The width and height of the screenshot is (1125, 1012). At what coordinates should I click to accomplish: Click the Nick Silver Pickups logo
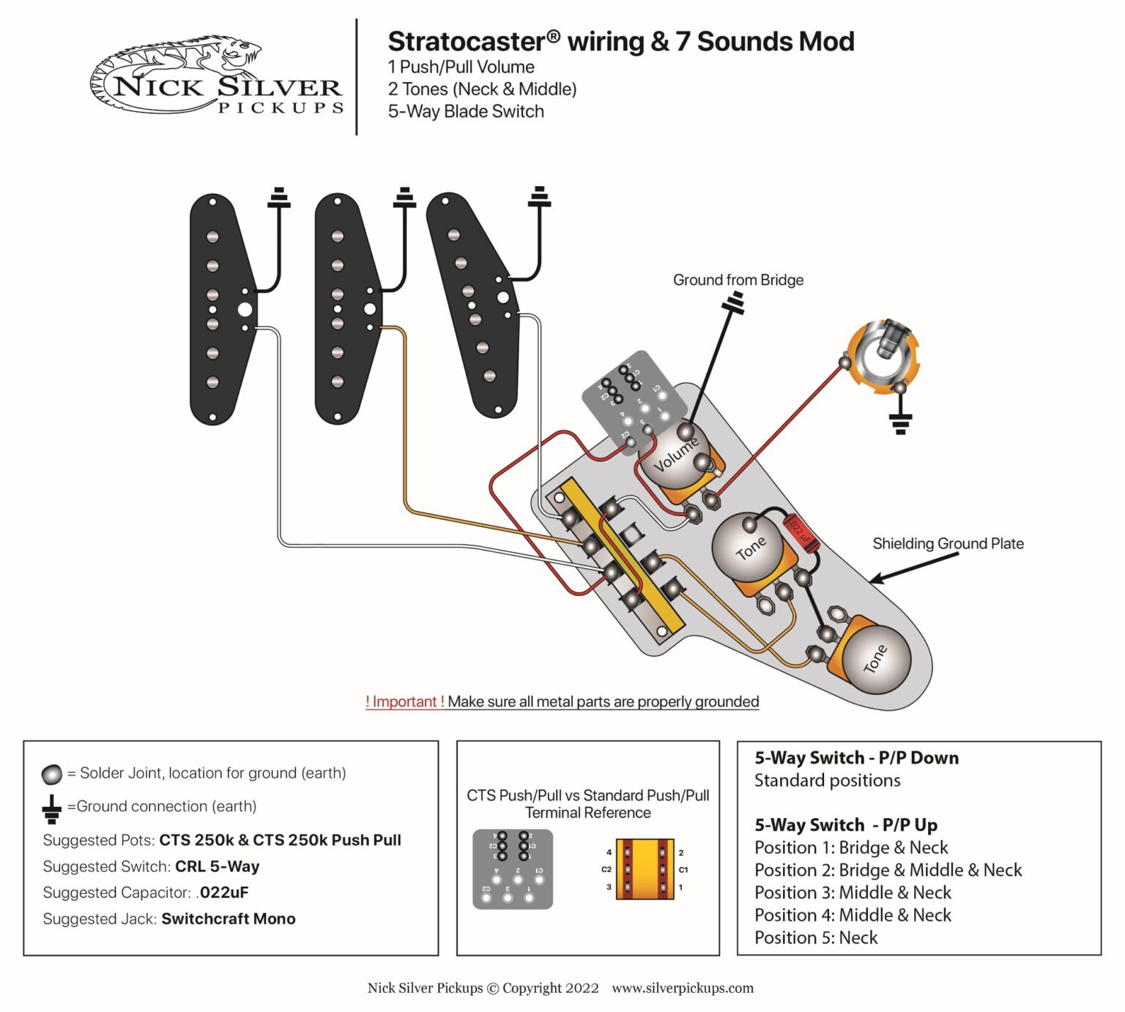tap(217, 77)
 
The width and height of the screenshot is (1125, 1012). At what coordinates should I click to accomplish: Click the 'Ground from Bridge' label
tap(738, 280)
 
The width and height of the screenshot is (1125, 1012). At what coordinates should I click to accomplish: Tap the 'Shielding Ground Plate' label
tap(947, 543)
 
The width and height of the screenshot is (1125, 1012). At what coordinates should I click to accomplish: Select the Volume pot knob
tap(674, 456)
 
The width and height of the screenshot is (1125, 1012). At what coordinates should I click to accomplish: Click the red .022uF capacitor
tap(801, 533)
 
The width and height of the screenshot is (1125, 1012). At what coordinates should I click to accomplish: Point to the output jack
tap(884, 354)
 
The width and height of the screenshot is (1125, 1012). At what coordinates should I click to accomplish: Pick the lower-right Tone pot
tap(875, 658)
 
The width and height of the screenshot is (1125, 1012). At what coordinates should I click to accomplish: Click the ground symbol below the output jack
tap(900, 423)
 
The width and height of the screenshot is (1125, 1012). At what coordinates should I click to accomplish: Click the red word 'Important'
tap(404, 702)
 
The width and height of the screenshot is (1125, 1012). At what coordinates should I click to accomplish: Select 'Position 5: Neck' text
tap(815, 937)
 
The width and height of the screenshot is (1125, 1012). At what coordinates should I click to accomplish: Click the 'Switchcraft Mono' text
tap(228, 918)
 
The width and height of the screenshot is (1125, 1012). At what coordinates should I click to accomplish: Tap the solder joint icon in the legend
tap(52, 774)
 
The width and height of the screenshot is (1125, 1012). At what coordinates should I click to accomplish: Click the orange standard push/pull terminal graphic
tap(645, 869)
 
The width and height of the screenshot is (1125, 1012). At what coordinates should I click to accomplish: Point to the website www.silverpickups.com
tap(682, 988)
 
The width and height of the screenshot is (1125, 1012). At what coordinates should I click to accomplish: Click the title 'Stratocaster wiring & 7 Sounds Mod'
tap(620, 42)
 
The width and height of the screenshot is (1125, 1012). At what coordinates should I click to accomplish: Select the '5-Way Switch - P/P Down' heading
tap(856, 758)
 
